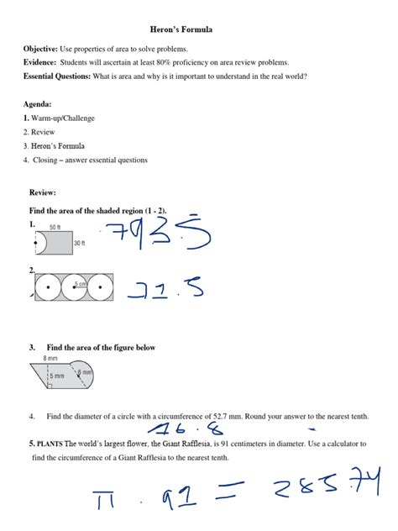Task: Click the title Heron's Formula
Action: pyautogui.click(x=199, y=30)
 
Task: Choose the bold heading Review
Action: pyautogui.click(x=43, y=192)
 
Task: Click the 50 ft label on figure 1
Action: pyautogui.click(x=55, y=228)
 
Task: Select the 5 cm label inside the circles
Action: pyautogui.click(x=81, y=284)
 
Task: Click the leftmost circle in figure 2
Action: pyautogui.click(x=49, y=289)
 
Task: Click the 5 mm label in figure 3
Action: pyautogui.click(x=55, y=376)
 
